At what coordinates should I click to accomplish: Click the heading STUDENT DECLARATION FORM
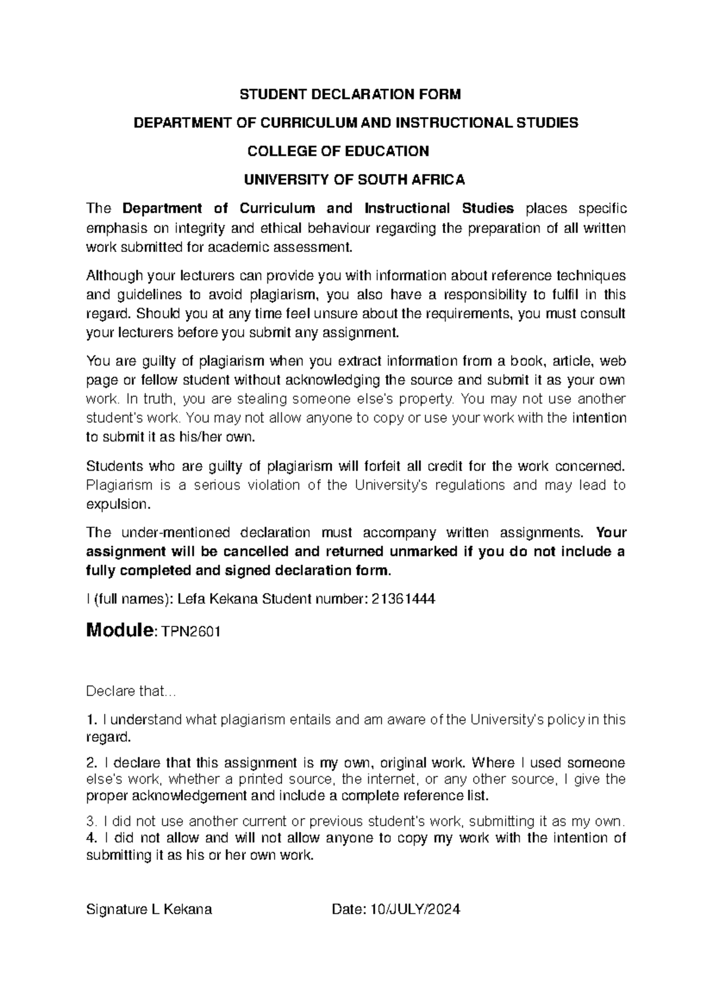point(349,94)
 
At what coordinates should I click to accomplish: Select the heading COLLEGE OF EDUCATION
point(337,151)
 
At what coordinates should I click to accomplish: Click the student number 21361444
point(403,599)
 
